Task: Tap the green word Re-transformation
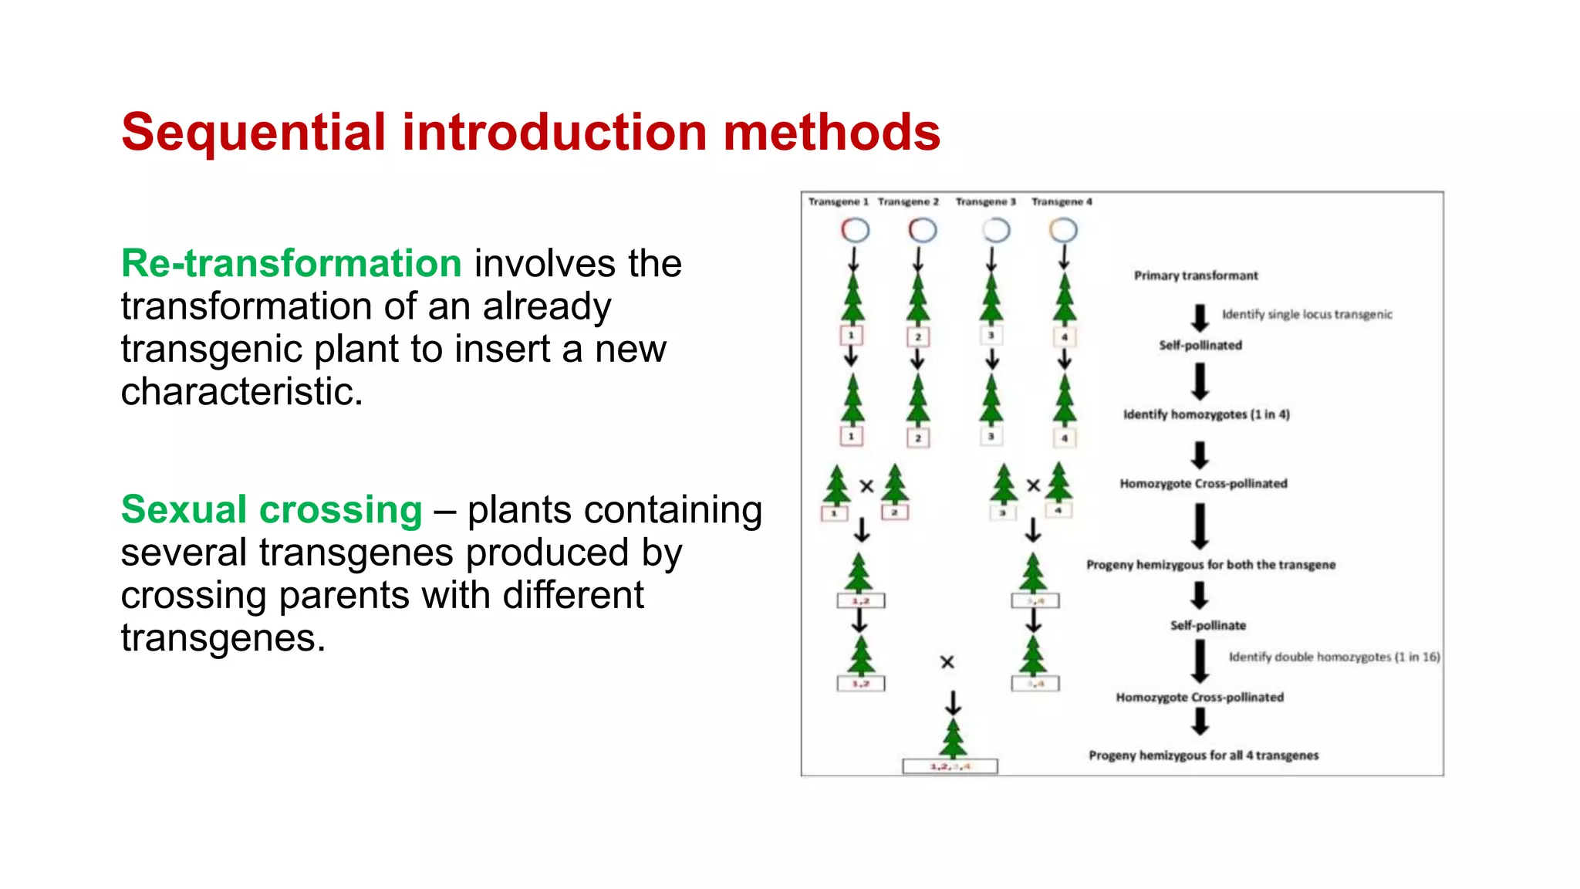point(291,264)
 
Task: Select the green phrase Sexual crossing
point(272,510)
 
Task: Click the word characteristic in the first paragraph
point(241,392)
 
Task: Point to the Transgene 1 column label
point(838,201)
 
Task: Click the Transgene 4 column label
point(1062,201)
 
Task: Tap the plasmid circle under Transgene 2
point(922,230)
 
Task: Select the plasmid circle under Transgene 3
point(996,230)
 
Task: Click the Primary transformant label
point(1195,275)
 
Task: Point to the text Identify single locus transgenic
point(1307,314)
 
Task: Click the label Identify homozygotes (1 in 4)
point(1206,414)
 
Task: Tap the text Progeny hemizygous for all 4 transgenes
point(1204,755)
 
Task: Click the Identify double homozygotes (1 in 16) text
point(1334,657)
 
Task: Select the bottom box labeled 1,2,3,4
point(950,766)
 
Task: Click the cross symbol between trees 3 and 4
point(1033,485)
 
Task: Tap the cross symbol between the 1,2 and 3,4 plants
point(947,662)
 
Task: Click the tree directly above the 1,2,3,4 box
point(954,738)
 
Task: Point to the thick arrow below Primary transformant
point(1200,317)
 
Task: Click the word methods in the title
point(831,132)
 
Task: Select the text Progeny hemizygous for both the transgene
point(1210,565)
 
